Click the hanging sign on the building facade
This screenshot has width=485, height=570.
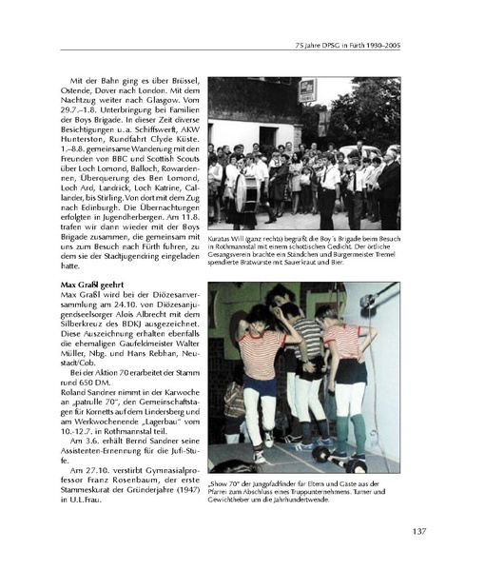click(307, 90)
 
